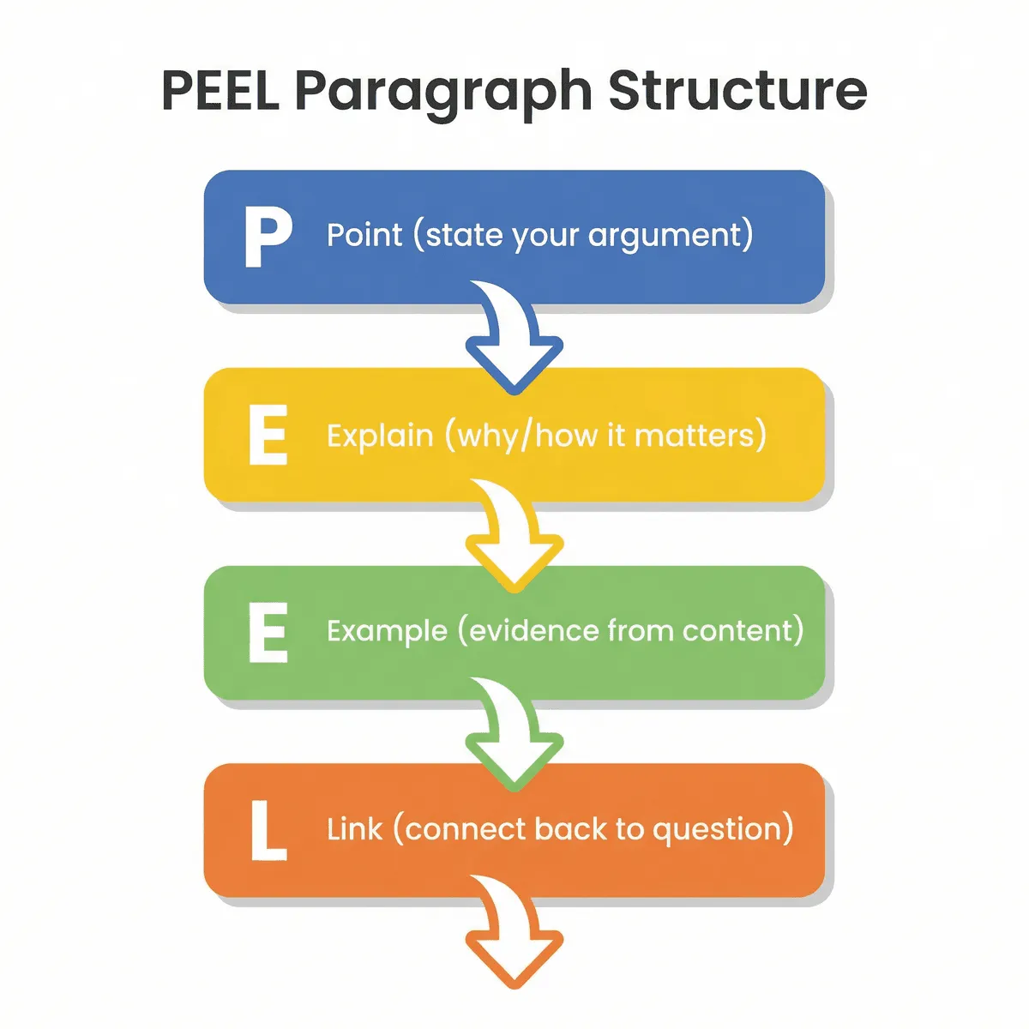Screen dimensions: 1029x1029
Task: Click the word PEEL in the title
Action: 220,90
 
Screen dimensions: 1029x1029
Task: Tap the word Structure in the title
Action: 737,90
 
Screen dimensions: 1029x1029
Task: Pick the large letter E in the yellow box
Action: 268,436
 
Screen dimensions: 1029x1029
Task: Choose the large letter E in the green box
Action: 268,633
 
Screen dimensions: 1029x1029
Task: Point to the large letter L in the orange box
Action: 268,830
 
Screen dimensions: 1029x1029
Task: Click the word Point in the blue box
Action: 364,235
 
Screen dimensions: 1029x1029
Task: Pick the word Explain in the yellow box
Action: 380,436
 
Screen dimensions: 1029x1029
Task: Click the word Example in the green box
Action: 387,632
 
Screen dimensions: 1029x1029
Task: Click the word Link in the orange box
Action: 353,829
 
